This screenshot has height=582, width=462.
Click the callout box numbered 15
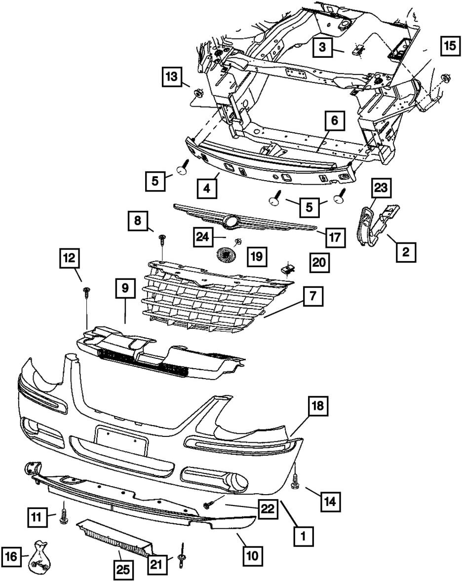(449, 46)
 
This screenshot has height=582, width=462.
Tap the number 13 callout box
(171, 77)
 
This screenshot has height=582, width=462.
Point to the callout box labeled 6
(334, 121)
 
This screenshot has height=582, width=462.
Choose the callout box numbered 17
(334, 237)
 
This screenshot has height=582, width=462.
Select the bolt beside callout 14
(295, 482)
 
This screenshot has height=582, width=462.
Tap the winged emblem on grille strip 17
(231, 222)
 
